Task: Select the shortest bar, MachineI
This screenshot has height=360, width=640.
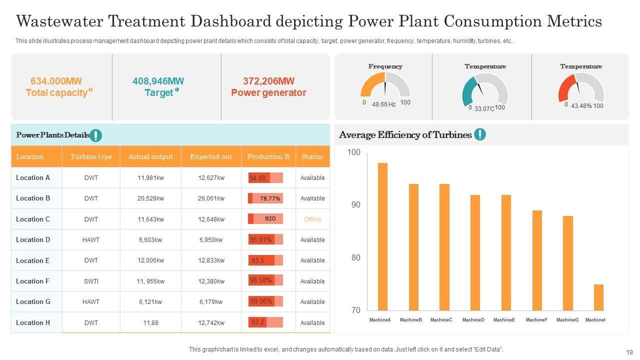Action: (598, 297)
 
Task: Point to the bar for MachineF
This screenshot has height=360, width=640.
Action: (537, 260)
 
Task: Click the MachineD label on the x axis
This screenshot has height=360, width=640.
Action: (473, 320)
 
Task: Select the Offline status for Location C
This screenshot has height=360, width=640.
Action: (312, 219)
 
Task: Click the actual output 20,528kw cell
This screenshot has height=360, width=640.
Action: (150, 198)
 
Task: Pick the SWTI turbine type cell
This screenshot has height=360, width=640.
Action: (91, 281)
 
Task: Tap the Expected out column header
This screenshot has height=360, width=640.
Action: (211, 156)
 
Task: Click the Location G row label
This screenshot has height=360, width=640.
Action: (33, 302)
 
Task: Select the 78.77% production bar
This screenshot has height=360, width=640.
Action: (265, 198)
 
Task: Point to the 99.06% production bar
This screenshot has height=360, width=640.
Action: (265, 301)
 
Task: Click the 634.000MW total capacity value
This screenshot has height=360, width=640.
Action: (56, 81)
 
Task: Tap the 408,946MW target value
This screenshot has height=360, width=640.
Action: (158, 81)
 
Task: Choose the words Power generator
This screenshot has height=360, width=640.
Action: (268, 93)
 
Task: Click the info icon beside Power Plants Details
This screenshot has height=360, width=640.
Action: (95, 135)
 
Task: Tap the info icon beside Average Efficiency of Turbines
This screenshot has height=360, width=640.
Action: (479, 134)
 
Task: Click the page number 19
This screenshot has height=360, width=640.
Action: (629, 352)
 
